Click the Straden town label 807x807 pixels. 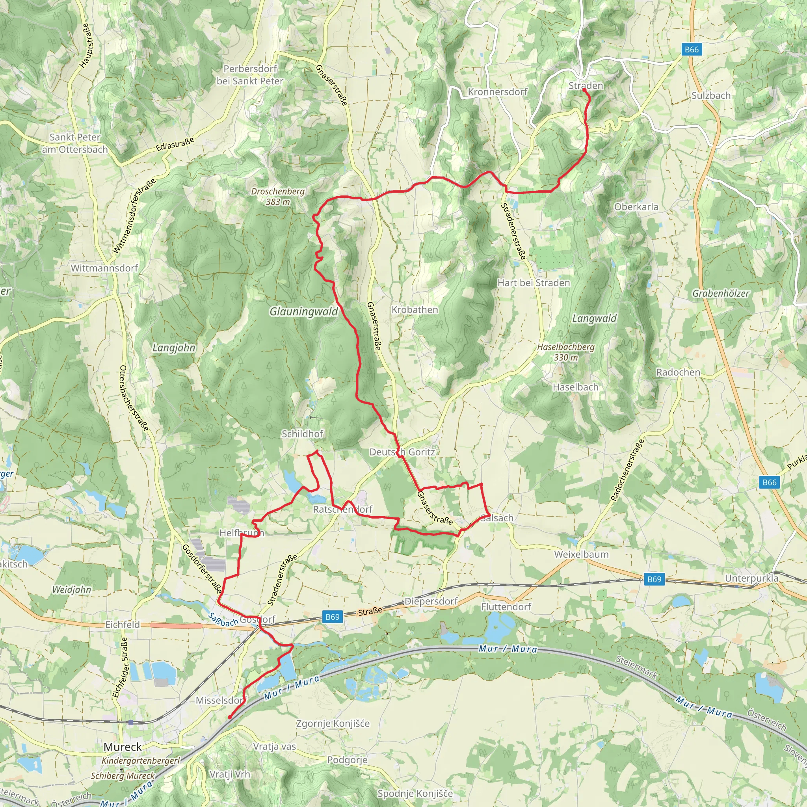coord(586,86)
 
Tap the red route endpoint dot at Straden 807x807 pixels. coord(584,89)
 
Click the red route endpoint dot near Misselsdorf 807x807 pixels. coord(230,718)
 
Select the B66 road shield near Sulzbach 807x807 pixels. coord(691,49)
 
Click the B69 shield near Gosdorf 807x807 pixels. coord(333,617)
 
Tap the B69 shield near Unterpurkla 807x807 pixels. coord(654,579)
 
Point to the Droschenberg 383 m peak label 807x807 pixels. coord(278,196)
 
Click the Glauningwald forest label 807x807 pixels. coord(303,312)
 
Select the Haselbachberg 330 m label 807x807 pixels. coord(565,352)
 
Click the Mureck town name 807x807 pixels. coord(123,747)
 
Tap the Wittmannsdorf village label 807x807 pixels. coord(104,268)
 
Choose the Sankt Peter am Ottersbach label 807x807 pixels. coord(75,143)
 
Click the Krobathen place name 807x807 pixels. coord(415,310)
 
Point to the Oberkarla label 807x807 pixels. coord(636,207)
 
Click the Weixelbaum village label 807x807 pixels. coord(581,554)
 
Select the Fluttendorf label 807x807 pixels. coord(506,606)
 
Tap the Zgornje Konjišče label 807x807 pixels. coord(333,723)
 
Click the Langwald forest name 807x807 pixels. coord(594,319)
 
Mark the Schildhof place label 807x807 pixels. coord(302,433)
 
